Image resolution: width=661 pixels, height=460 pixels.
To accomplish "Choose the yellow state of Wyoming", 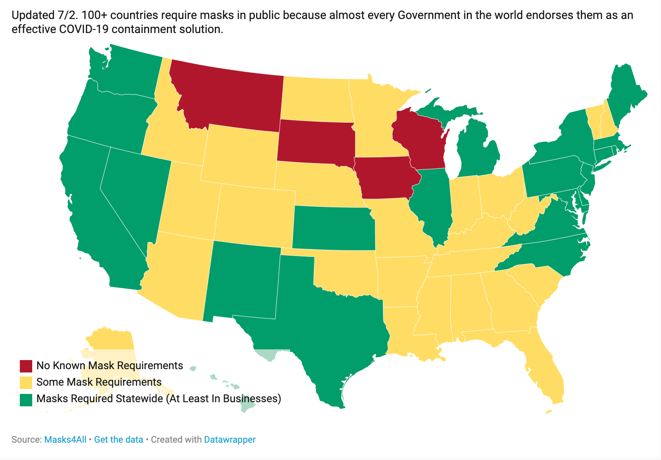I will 240,155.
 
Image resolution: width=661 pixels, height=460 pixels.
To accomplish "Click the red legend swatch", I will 26,366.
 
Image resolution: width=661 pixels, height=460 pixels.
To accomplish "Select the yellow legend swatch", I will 26,382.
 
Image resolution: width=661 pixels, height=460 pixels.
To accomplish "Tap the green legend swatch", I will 26,399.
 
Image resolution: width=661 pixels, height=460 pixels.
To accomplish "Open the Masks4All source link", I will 65,439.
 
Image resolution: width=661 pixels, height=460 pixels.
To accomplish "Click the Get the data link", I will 119,439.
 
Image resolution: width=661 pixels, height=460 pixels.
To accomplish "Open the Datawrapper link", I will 230,439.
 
